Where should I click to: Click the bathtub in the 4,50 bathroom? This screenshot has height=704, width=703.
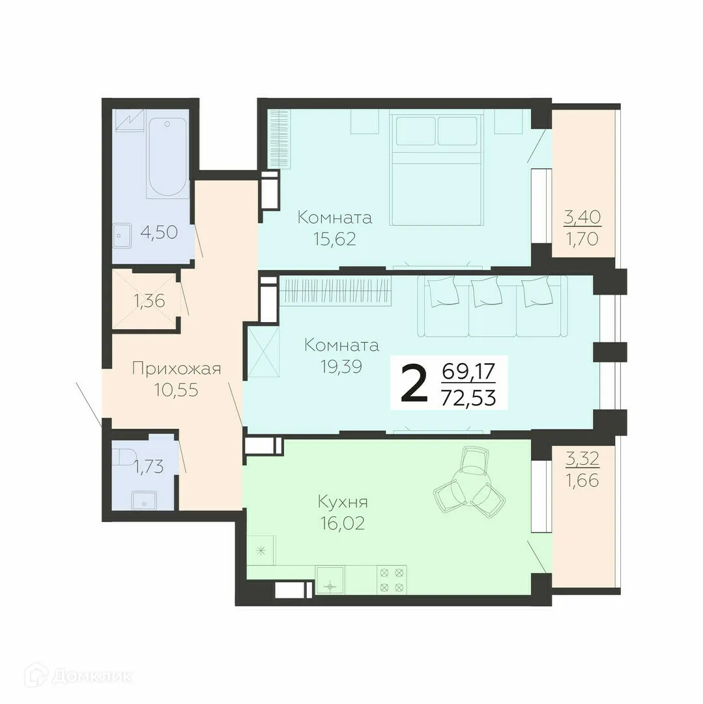click(167, 157)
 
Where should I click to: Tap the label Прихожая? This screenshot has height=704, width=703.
click(176, 369)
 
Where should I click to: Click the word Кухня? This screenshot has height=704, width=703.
click(343, 502)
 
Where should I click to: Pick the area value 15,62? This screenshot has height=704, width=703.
click(335, 239)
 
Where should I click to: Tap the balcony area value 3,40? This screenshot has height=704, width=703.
click(582, 216)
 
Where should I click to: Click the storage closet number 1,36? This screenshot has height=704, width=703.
click(149, 301)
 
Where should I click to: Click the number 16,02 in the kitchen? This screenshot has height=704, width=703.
click(343, 523)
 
